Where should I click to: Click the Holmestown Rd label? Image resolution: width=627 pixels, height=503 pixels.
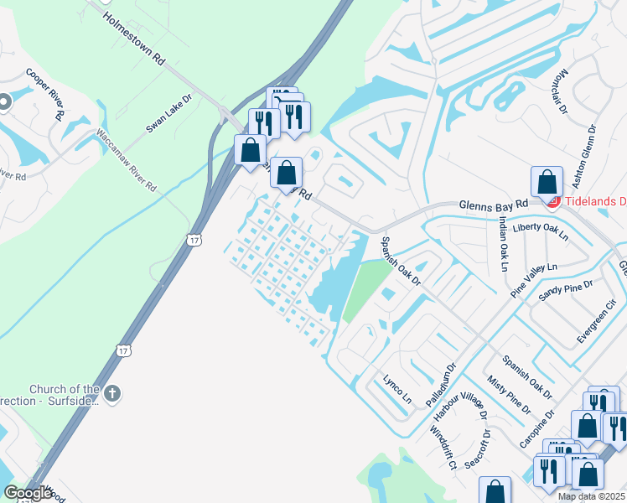point(135,39)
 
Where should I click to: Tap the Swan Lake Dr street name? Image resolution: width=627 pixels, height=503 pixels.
point(169,112)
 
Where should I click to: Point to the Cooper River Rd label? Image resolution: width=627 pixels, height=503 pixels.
point(45,94)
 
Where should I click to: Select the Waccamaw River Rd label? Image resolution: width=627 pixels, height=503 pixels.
point(125,160)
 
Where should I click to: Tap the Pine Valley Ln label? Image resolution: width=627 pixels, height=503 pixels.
point(534,280)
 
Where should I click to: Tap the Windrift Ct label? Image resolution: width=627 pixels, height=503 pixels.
point(442,448)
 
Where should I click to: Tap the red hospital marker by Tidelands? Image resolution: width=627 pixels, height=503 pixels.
point(552,201)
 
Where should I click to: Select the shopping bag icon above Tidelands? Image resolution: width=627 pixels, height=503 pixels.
point(547,182)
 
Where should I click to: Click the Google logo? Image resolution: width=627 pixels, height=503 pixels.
point(28,493)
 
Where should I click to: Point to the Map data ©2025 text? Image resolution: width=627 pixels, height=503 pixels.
point(592,496)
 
